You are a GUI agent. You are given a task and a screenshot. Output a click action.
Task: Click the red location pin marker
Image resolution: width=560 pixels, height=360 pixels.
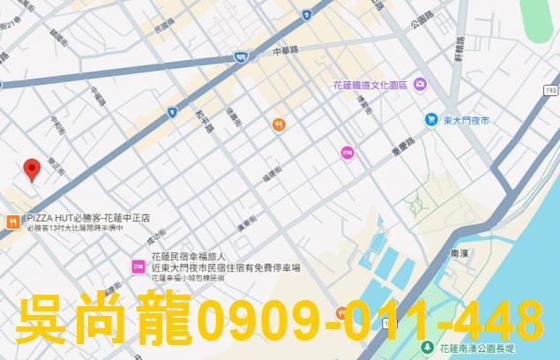click(32, 169)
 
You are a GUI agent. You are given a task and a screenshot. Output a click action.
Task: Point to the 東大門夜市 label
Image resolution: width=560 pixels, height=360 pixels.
click(467, 118)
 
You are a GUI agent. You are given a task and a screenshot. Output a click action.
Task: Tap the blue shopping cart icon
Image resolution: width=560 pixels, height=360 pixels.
click(431, 118)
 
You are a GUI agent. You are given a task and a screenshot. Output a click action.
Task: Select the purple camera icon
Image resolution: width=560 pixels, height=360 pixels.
click(420, 85)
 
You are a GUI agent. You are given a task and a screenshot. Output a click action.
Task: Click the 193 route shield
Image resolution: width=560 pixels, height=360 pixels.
click(550, 90)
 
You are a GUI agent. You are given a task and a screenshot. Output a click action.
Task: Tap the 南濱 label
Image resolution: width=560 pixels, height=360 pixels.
click(459, 252)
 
